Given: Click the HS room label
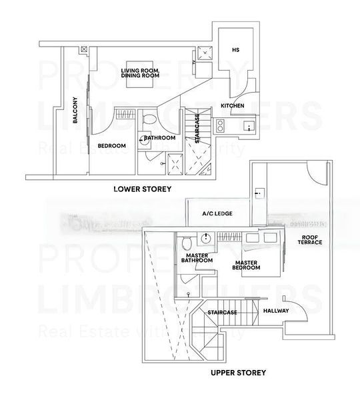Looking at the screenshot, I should click(x=235, y=49).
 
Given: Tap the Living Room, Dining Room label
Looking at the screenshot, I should click(x=139, y=73).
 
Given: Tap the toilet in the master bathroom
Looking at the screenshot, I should click(x=187, y=240).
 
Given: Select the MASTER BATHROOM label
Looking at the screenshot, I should click(x=197, y=257).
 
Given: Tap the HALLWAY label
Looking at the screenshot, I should click(x=275, y=311).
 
